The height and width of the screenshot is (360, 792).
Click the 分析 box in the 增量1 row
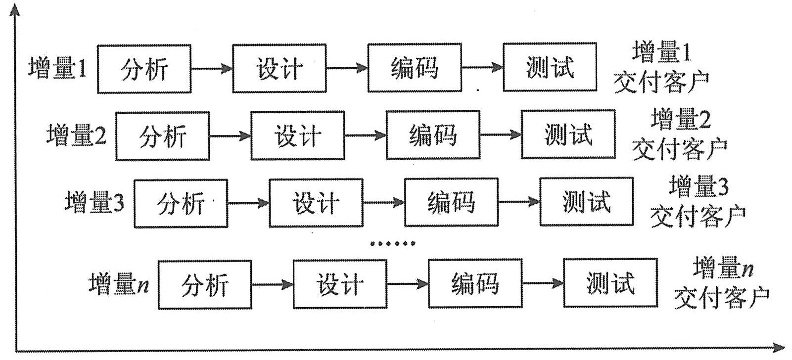point(144,69)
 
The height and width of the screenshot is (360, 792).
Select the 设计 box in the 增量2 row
point(298,136)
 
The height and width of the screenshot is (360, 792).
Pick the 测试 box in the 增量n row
point(610,283)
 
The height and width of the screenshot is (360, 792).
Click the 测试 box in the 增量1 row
point(550,68)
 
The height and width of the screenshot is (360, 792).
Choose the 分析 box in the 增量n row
point(205,285)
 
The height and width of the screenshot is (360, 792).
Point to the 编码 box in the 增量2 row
point(433,135)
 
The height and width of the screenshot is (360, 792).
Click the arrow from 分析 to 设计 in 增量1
point(212,68)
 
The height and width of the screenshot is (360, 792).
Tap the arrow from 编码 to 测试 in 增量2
point(501,135)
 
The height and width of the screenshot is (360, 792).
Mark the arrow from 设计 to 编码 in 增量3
point(383,202)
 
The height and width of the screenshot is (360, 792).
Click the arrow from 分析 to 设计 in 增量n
point(272,284)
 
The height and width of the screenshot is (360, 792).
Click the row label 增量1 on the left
point(57,69)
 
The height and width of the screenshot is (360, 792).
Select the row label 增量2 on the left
point(76,135)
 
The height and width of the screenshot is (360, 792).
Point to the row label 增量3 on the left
point(94,202)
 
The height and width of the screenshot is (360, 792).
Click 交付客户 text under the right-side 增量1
point(661,82)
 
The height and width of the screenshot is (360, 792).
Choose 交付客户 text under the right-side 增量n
point(721,298)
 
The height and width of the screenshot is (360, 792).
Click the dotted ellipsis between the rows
point(393,243)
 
